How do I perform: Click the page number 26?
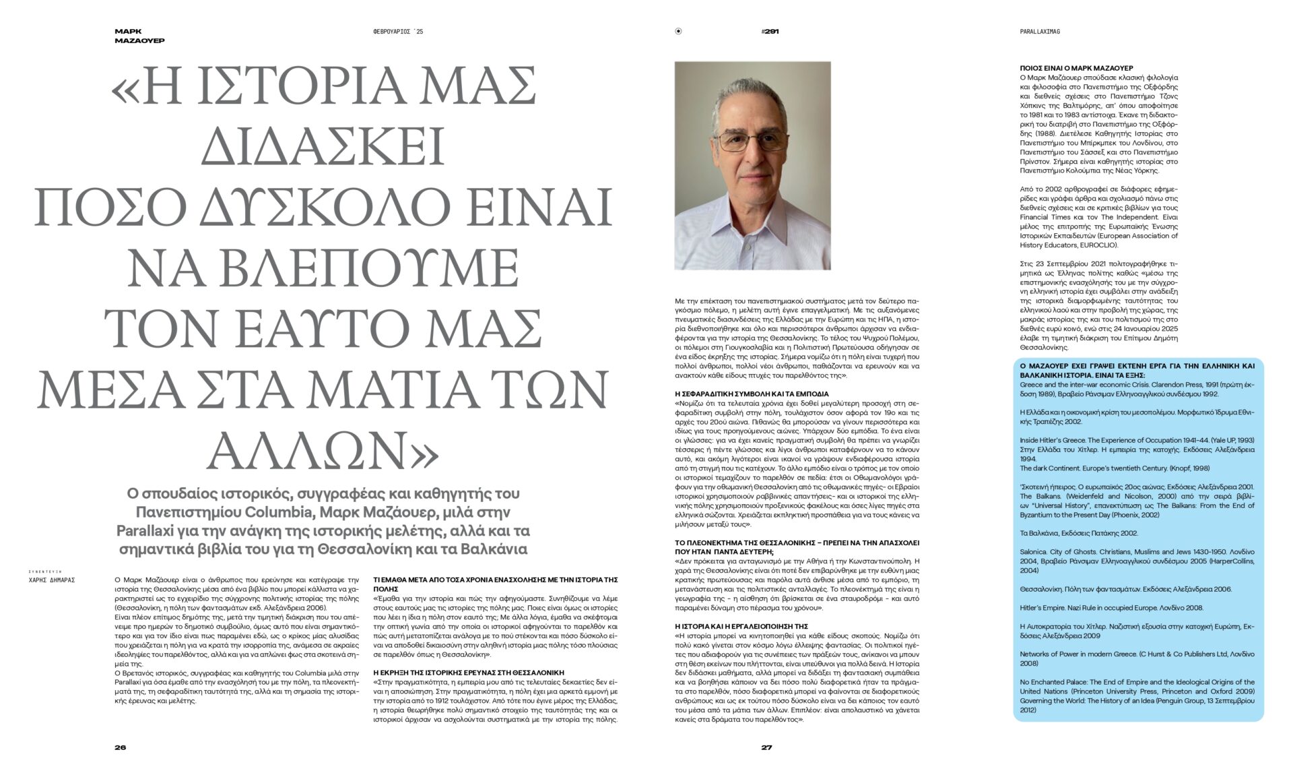click(121, 747)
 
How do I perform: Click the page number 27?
click(766, 747)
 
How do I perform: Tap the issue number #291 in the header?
click(770, 32)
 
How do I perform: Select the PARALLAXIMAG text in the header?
click(1040, 32)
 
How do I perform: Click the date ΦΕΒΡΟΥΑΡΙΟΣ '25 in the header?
click(398, 32)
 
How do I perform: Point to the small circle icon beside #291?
click(678, 32)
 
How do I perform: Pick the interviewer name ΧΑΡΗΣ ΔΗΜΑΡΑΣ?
click(52, 580)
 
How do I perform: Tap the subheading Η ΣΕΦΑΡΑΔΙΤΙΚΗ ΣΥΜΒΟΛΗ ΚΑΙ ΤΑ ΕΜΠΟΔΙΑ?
click(752, 394)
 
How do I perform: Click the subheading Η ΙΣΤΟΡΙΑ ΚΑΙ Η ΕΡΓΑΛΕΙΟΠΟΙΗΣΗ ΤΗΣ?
click(741, 626)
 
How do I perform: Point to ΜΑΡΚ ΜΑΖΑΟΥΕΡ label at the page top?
click(139, 36)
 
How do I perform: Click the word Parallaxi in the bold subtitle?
click(152, 530)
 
